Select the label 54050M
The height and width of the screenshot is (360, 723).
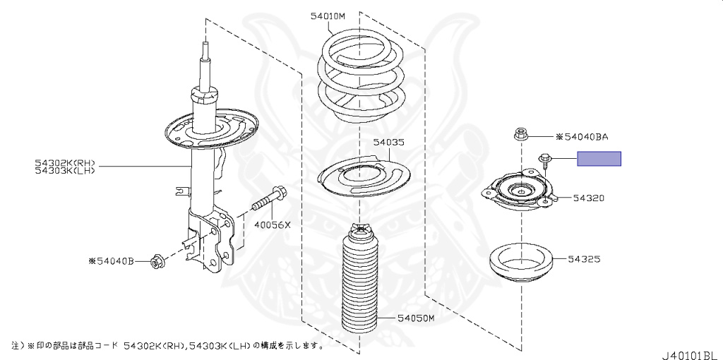[414, 319]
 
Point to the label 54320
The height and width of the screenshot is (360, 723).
[588, 199]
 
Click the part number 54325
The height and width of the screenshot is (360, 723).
[582, 259]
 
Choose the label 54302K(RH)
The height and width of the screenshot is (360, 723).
[64, 162]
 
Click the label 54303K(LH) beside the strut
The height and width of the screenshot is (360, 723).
[64, 169]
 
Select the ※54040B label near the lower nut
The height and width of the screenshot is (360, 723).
[112, 260]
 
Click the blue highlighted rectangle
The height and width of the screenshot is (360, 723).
[599, 159]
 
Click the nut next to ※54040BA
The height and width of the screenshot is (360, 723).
[520, 133]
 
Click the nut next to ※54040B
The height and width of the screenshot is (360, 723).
[156, 262]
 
